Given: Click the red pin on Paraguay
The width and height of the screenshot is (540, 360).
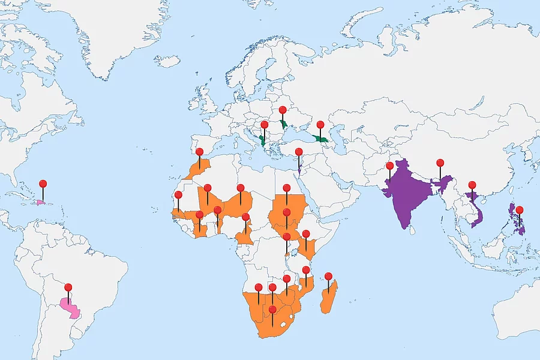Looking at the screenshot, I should (x=68, y=287).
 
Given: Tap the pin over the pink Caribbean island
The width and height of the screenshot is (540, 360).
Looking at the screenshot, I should (x=43, y=184).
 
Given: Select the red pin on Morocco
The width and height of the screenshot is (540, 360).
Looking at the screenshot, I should (x=200, y=152).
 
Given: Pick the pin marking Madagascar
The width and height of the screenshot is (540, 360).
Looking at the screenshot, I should (x=328, y=277).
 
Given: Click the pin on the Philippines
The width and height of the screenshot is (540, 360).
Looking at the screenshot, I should (x=520, y=210).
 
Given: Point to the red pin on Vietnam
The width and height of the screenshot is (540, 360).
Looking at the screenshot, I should (x=472, y=185).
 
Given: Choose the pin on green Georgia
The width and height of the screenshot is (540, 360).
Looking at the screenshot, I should (x=320, y=125).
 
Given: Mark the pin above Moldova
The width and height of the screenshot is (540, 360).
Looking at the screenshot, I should (x=283, y=110).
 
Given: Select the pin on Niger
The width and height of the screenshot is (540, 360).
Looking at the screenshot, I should (x=241, y=188).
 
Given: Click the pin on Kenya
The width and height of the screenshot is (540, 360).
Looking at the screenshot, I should (x=306, y=233).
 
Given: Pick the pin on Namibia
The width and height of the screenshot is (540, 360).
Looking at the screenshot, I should (x=259, y=287).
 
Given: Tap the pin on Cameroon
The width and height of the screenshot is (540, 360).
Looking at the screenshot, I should (x=246, y=217).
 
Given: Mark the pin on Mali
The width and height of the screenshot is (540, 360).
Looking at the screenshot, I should (x=207, y=188).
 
